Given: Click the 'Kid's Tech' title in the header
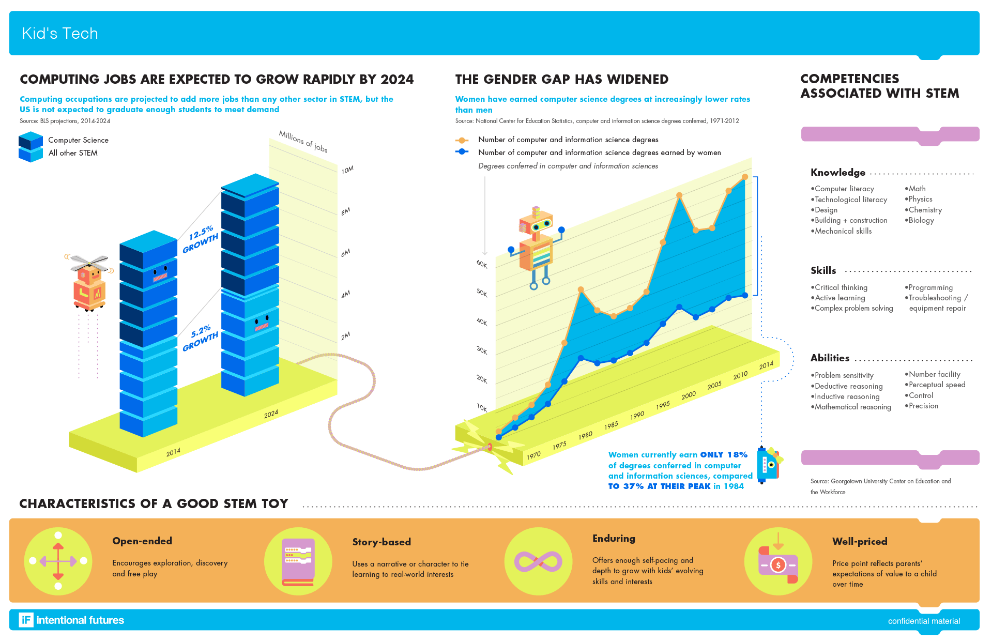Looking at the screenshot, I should click(x=60, y=34).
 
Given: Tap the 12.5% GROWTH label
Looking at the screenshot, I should click(x=201, y=239).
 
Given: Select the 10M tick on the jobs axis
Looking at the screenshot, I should click(x=347, y=170).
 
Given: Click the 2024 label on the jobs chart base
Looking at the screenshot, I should click(x=271, y=414).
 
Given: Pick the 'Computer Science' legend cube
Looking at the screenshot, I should click(x=30, y=140).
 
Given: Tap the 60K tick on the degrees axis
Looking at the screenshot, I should click(x=482, y=264).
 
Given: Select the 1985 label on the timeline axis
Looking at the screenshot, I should click(x=611, y=425).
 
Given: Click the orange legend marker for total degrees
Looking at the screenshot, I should click(x=462, y=140).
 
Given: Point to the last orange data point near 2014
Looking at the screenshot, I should click(x=745, y=177).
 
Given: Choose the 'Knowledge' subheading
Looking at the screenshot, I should click(x=838, y=173).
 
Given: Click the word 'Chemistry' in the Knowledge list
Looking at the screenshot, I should click(x=925, y=210).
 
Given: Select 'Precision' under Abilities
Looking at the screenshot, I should click(x=923, y=406).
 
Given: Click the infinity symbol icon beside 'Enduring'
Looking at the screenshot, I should click(x=538, y=561).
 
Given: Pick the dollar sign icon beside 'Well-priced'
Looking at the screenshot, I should click(x=778, y=565).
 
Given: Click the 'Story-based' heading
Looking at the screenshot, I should click(x=381, y=542).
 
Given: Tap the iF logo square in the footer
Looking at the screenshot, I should click(x=26, y=620).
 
